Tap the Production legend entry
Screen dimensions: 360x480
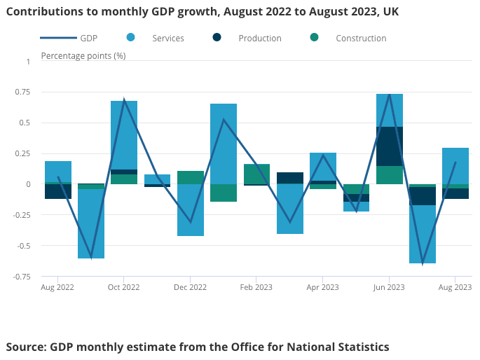(x=246, y=38)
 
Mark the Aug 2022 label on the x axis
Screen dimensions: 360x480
(x=57, y=287)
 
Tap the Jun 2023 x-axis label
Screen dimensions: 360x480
(x=389, y=287)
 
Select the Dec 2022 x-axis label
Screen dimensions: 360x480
(x=190, y=287)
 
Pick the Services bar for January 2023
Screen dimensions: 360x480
(x=224, y=144)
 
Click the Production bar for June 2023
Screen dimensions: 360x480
(x=390, y=146)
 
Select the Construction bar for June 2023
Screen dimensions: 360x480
(x=390, y=175)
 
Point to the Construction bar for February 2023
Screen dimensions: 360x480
(x=256, y=174)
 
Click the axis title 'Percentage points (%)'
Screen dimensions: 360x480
(x=83, y=55)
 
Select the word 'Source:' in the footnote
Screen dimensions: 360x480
(x=26, y=347)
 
